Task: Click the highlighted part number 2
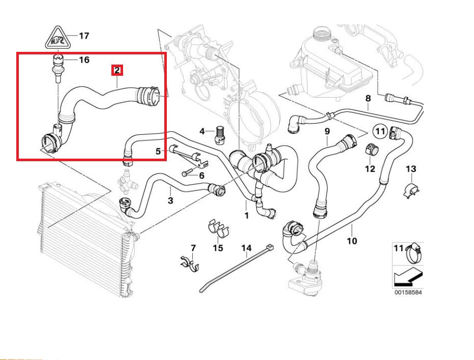[117, 70]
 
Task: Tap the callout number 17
[84, 36]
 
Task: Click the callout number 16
[84, 60]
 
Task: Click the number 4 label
[202, 131]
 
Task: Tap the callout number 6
[201, 175]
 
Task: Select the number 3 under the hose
[170, 201]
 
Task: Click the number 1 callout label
[247, 216]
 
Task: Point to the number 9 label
[327, 131]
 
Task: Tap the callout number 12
[370, 168]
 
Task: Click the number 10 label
[351, 241]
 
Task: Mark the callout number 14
[246, 248]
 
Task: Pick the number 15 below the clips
[218, 248]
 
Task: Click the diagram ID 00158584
[408, 292]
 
